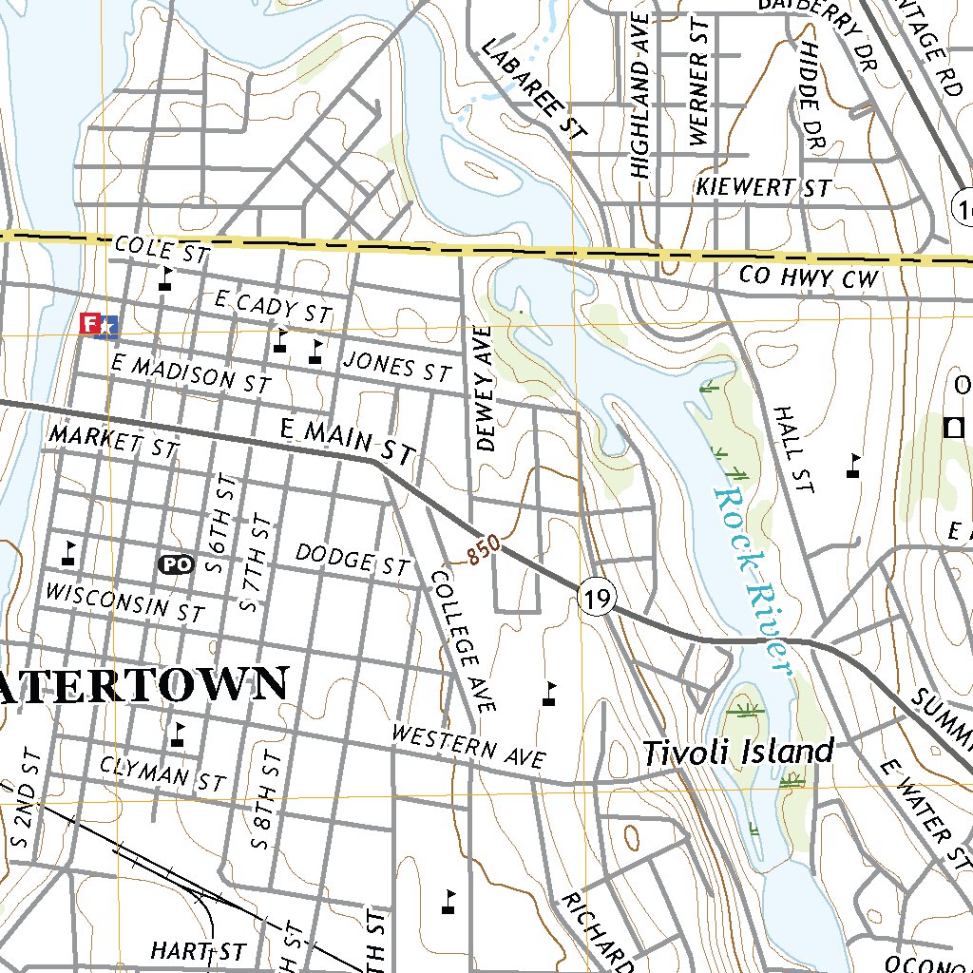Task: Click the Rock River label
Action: click(753, 580)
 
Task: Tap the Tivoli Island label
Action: click(738, 753)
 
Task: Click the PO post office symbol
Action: click(176, 563)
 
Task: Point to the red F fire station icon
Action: click(92, 324)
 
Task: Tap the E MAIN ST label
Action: click(348, 444)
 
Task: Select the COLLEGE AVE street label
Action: click(464, 641)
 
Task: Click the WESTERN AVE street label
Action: click(468, 747)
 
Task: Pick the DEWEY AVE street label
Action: click(486, 388)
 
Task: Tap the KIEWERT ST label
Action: click(763, 187)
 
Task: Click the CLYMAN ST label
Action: click(162, 774)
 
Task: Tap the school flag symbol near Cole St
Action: click(167, 278)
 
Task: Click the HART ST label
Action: click(198, 951)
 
